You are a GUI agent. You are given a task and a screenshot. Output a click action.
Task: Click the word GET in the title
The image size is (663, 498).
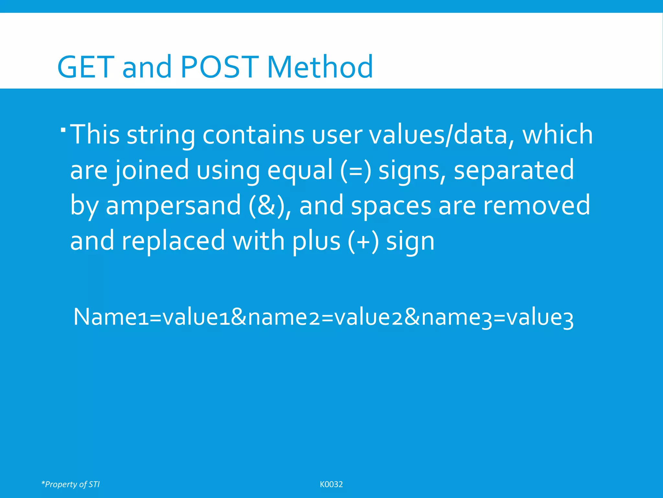(86, 67)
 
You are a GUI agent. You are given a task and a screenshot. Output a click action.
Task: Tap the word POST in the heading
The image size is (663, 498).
(220, 67)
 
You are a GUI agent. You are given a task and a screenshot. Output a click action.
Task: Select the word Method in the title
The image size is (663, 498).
(320, 67)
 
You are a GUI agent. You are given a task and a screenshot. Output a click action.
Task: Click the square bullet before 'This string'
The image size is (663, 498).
(63, 130)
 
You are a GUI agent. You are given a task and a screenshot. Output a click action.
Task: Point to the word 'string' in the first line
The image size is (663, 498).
(161, 135)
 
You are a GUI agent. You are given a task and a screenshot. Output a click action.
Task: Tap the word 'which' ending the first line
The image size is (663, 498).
(558, 135)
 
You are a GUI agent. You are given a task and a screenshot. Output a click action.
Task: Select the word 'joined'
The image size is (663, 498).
(152, 170)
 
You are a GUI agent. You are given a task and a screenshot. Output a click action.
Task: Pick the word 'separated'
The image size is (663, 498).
(514, 170)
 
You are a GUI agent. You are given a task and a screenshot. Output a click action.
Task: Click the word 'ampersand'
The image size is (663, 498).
(173, 206)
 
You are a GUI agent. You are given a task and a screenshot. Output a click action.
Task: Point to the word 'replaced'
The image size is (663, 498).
(173, 241)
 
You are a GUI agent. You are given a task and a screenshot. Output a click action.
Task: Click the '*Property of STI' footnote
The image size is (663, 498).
(71, 484)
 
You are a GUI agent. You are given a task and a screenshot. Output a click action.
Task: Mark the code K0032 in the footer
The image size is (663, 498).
(331, 484)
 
